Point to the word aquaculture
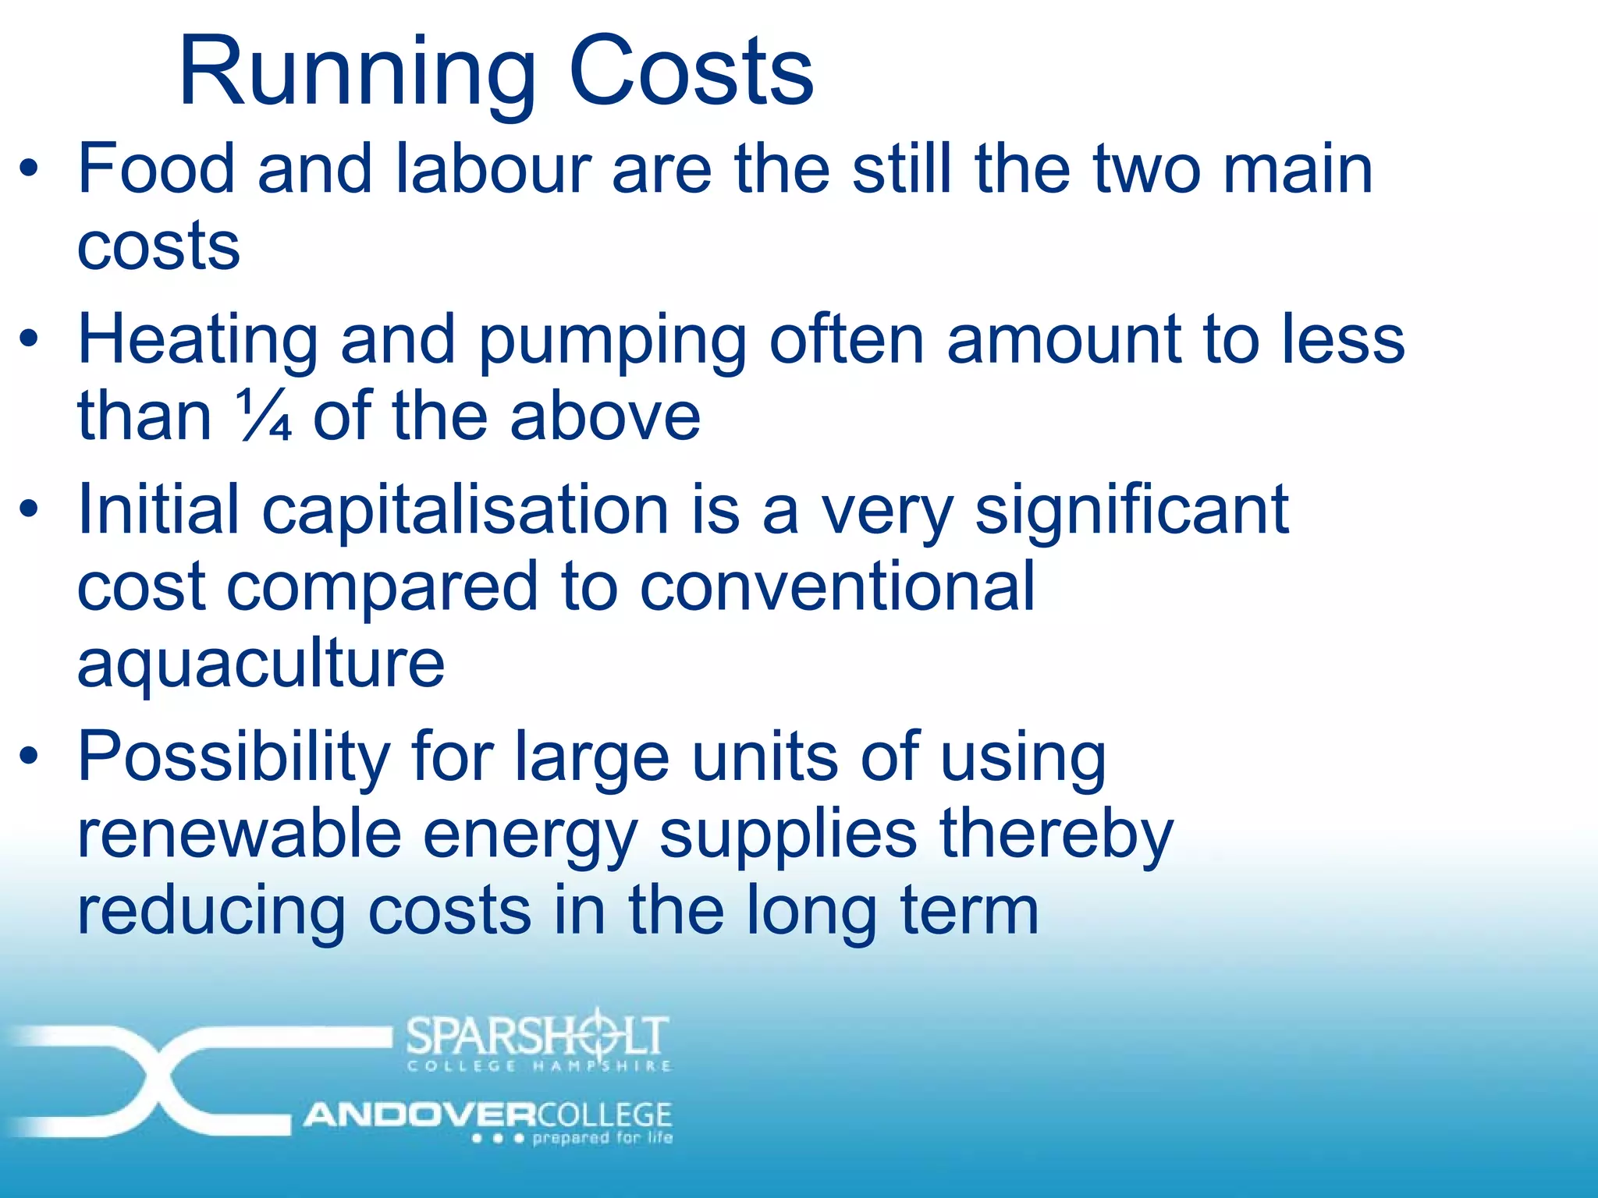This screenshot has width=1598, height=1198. click(x=261, y=665)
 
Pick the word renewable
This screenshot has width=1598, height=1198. click(x=240, y=834)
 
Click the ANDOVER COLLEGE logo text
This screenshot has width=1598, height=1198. click(x=488, y=1115)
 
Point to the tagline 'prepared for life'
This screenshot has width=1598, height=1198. click(x=602, y=1138)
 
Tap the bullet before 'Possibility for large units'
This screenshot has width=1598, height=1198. click(x=30, y=756)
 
